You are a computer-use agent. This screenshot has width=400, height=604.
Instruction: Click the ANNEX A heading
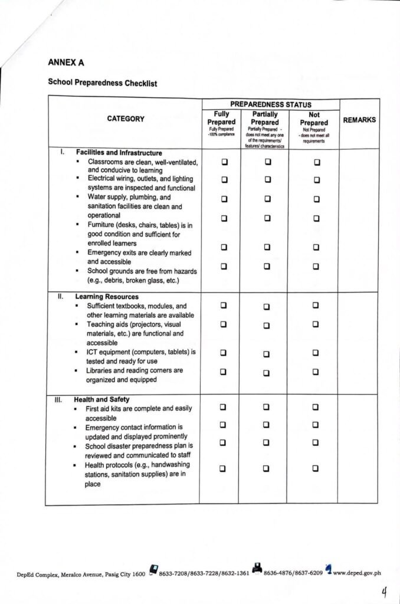(65, 61)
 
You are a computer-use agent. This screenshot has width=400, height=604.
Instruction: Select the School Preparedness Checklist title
(102, 83)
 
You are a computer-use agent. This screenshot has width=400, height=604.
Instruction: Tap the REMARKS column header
(359, 120)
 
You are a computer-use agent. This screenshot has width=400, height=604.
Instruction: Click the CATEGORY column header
(126, 119)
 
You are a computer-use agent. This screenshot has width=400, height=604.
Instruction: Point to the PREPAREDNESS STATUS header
(271, 104)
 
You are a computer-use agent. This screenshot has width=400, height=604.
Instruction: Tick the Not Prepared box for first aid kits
(316, 406)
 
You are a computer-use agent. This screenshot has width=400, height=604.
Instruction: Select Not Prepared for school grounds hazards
(316, 267)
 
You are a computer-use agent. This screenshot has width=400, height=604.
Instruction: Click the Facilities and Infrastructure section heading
(119, 153)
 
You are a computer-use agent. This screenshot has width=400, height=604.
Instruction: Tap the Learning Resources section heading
(107, 297)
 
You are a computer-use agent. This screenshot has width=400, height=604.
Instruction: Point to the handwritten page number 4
(385, 592)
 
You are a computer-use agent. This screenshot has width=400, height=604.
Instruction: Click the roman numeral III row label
(58, 399)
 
